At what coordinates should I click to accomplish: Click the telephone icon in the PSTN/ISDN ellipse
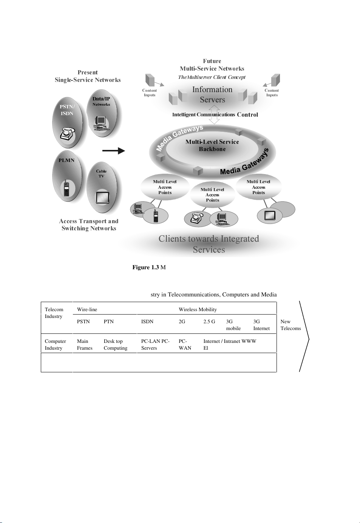coord(67,134)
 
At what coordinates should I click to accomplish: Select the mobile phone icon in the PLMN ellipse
coord(66,188)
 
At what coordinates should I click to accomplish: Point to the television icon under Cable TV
coord(102,197)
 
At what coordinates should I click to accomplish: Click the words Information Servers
coord(212,94)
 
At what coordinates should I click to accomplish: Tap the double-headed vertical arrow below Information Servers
coord(214,114)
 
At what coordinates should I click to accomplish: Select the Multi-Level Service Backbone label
coord(212,145)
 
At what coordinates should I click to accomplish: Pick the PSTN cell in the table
coord(83,322)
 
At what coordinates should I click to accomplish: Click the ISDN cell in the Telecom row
coord(147,322)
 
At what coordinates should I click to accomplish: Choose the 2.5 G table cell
coord(209,322)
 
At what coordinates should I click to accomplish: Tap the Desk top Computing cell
coord(115,344)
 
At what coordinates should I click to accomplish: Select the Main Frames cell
coord(85,344)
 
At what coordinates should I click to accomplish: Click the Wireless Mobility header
coord(198,310)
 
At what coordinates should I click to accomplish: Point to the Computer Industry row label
coord(55,344)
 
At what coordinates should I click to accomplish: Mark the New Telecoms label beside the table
coord(290,325)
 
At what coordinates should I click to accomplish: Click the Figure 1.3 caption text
coord(149,267)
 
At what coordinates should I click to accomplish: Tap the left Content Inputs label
coord(150,93)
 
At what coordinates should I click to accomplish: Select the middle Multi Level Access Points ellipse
coord(212,195)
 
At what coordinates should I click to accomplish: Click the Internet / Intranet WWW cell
coord(230,341)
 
